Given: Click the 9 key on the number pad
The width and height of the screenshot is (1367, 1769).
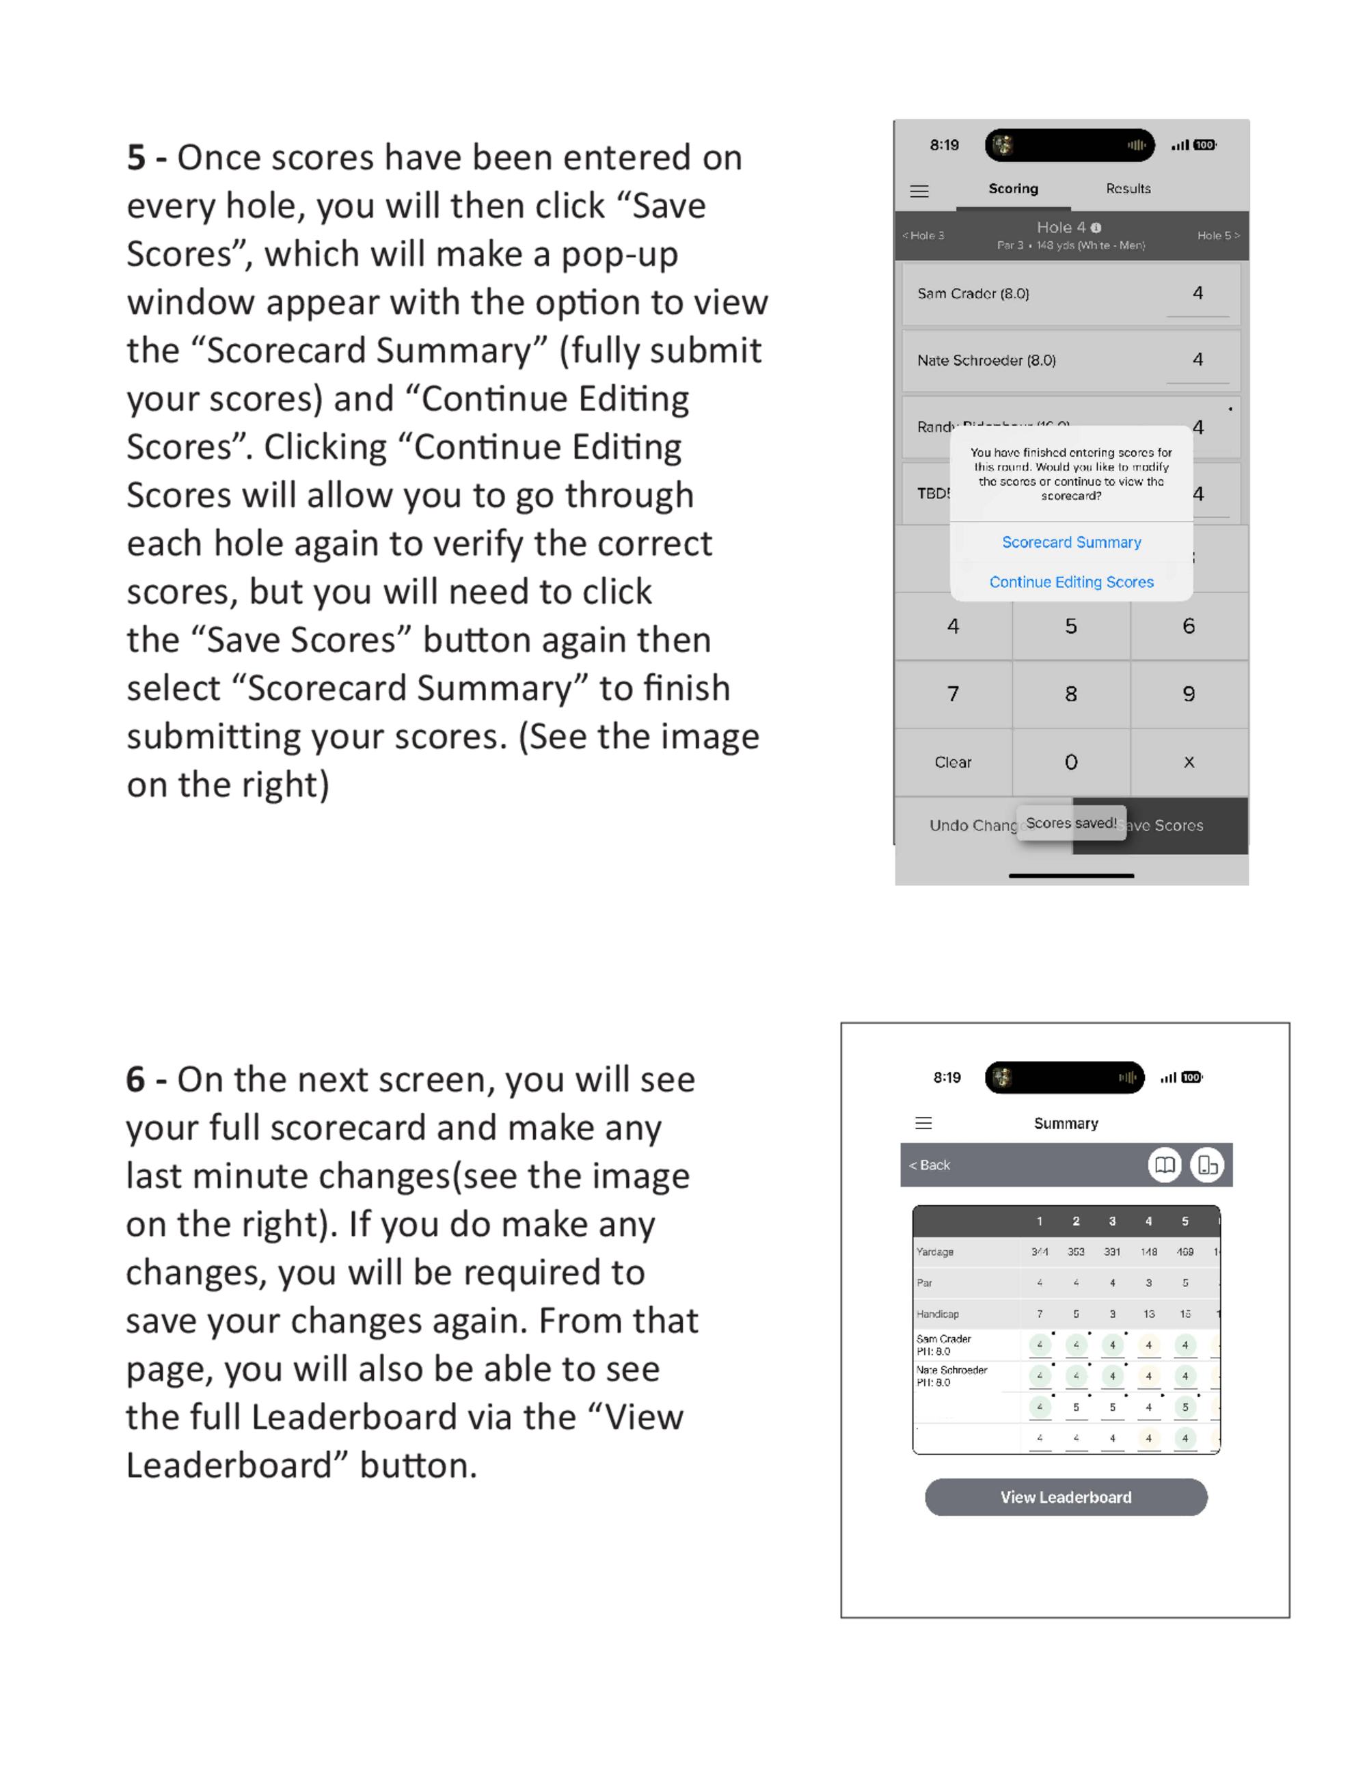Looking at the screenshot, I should point(1188,694).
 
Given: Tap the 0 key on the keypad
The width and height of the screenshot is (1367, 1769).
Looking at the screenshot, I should point(1070,762).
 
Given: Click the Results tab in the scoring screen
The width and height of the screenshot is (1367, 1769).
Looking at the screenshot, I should point(1127,189).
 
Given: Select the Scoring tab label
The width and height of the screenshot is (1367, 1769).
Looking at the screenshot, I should point(1012,189).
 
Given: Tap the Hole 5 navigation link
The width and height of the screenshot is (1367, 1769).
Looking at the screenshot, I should point(1217,236).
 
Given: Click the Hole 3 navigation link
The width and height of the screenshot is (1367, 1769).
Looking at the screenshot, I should point(924,236).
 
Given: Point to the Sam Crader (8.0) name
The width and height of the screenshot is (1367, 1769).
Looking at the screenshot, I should point(973,294).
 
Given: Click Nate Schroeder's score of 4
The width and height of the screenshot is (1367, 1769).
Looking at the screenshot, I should point(1197,360).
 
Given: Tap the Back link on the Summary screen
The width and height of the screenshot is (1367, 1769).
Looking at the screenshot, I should point(930,1165).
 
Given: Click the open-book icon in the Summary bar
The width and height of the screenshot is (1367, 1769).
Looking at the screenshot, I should point(1165,1165).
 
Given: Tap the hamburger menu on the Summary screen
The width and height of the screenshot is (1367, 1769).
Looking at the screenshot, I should point(923,1122).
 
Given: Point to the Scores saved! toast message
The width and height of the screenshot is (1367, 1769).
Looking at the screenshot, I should point(1070,823).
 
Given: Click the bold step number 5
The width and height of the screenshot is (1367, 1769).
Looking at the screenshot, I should point(136,158).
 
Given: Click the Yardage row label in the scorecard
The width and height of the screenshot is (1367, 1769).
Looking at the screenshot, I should point(934,1252).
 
